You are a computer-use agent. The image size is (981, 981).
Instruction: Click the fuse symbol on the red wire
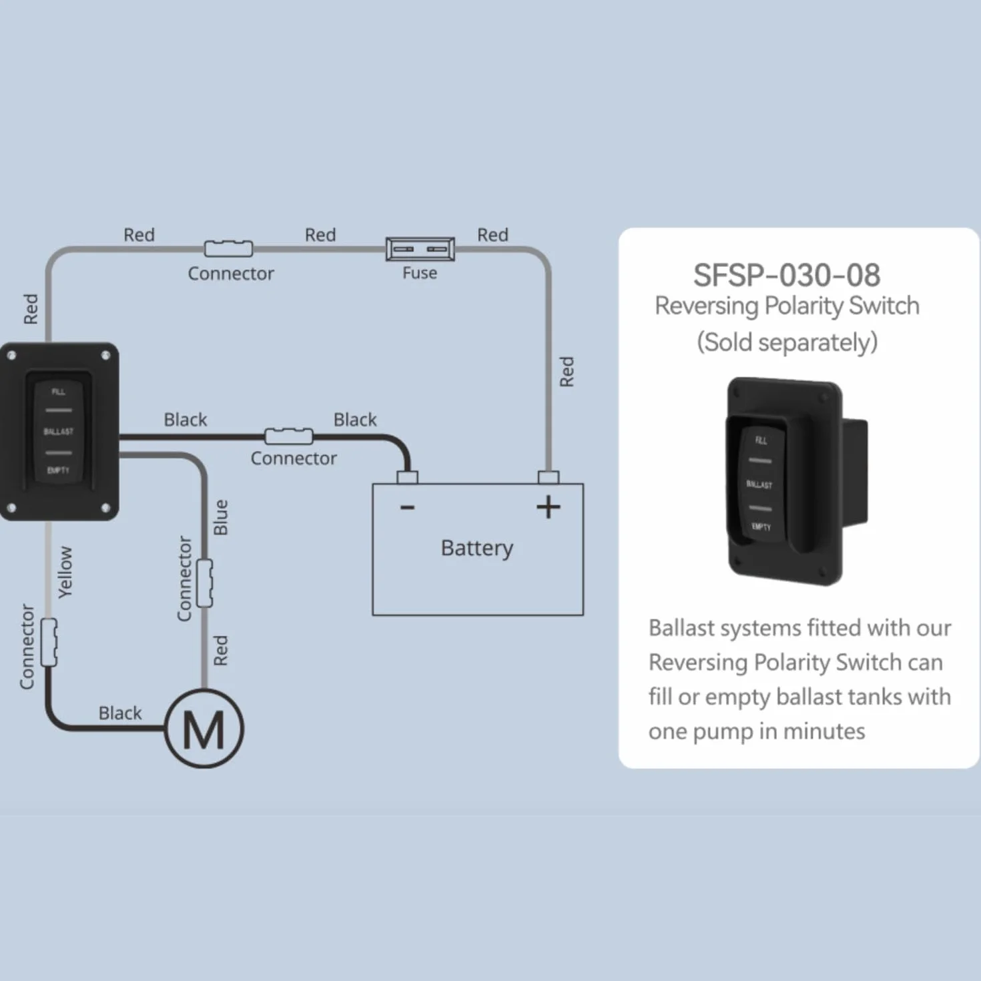pyautogui.click(x=420, y=249)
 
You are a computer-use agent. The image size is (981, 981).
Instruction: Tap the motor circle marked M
pyautogui.click(x=204, y=728)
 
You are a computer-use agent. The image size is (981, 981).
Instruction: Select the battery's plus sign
pyautogui.click(x=549, y=507)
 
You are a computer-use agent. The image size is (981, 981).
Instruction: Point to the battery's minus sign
pyautogui.click(x=407, y=507)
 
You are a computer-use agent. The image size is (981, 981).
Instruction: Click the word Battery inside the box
pyautogui.click(x=477, y=549)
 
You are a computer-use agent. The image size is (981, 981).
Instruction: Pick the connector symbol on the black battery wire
pyautogui.click(x=289, y=436)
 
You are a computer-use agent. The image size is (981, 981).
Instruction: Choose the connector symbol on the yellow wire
pyautogui.click(x=49, y=642)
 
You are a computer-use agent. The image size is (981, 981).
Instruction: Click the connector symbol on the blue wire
pyautogui.click(x=205, y=583)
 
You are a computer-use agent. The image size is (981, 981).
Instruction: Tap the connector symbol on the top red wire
pyautogui.click(x=229, y=248)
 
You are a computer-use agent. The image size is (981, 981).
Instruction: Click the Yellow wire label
pyautogui.click(x=65, y=572)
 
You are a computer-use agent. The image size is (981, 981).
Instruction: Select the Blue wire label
pyautogui.click(x=220, y=517)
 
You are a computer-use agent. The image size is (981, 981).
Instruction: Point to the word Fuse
pyautogui.click(x=420, y=273)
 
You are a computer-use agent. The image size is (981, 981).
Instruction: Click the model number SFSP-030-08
pyautogui.click(x=787, y=275)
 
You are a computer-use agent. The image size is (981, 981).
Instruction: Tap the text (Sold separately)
pyautogui.click(x=787, y=342)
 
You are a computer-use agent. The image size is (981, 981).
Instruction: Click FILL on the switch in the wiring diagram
pyautogui.click(x=58, y=392)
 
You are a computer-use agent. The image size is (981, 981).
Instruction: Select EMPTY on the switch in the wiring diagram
pyautogui.click(x=58, y=470)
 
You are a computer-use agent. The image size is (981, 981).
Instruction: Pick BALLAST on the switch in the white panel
pyautogui.click(x=759, y=484)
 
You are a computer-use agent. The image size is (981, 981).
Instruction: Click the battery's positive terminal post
pyautogui.click(x=549, y=478)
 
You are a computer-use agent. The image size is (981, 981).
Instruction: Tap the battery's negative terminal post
pyautogui.click(x=407, y=478)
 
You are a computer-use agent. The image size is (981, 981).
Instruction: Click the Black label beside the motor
pyautogui.click(x=119, y=713)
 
